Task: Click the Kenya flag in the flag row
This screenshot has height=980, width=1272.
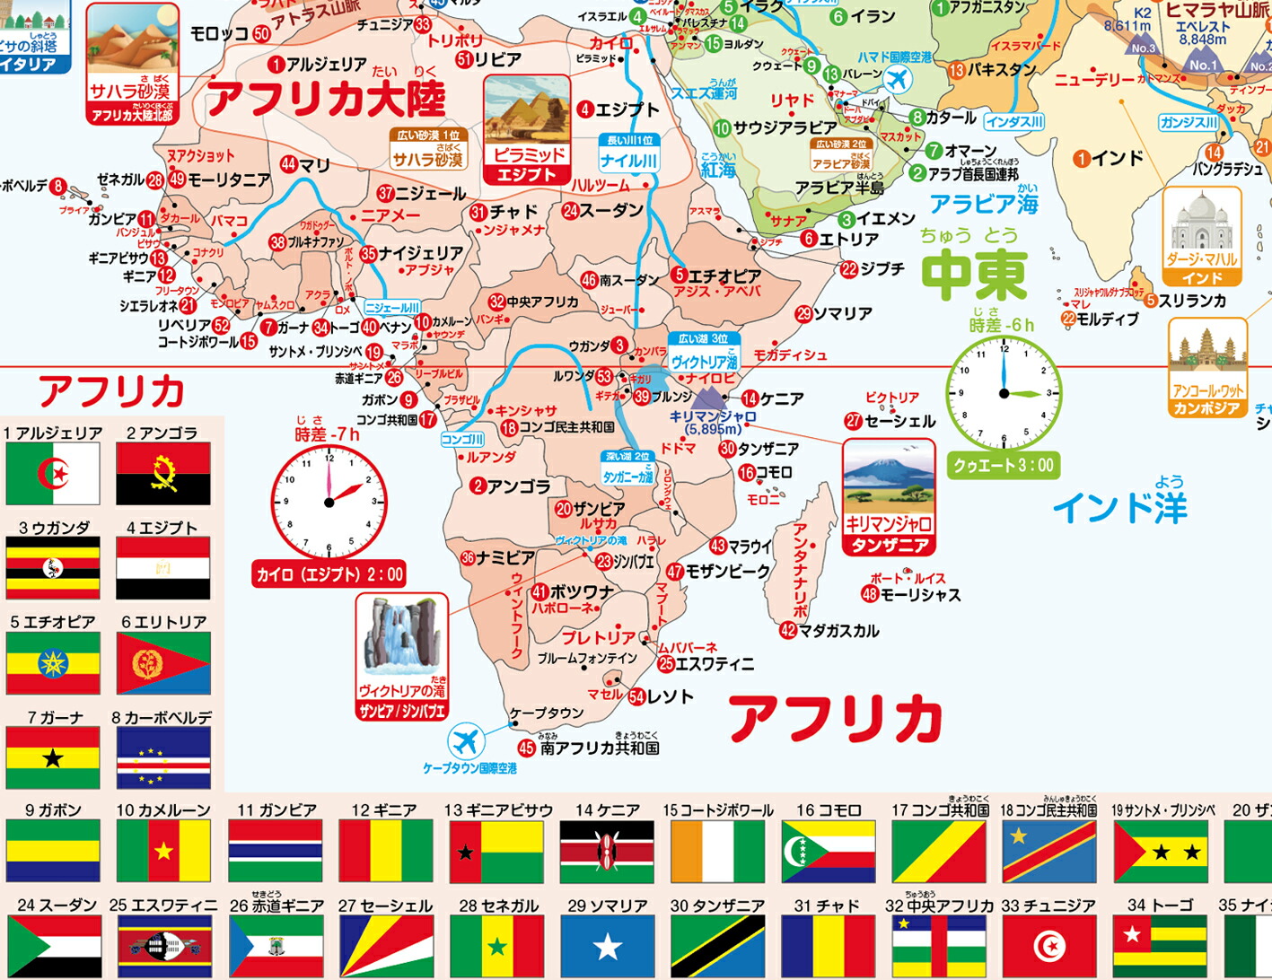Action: [607, 851]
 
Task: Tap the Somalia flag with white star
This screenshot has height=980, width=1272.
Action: [607, 946]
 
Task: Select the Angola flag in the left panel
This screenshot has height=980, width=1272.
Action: [163, 473]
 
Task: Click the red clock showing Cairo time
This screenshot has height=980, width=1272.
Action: [329, 502]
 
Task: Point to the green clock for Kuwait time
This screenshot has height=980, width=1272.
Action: [1004, 393]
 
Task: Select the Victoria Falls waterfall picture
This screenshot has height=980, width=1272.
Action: [401, 638]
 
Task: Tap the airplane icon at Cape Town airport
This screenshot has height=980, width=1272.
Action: [466, 741]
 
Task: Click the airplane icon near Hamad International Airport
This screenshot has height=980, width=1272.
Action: [896, 80]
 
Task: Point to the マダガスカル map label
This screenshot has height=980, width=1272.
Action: [838, 631]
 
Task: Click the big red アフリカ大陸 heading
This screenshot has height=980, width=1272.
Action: [326, 98]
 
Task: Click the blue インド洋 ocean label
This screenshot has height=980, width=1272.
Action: [1119, 508]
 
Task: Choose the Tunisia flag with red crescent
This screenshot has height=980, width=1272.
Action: [1048, 946]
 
